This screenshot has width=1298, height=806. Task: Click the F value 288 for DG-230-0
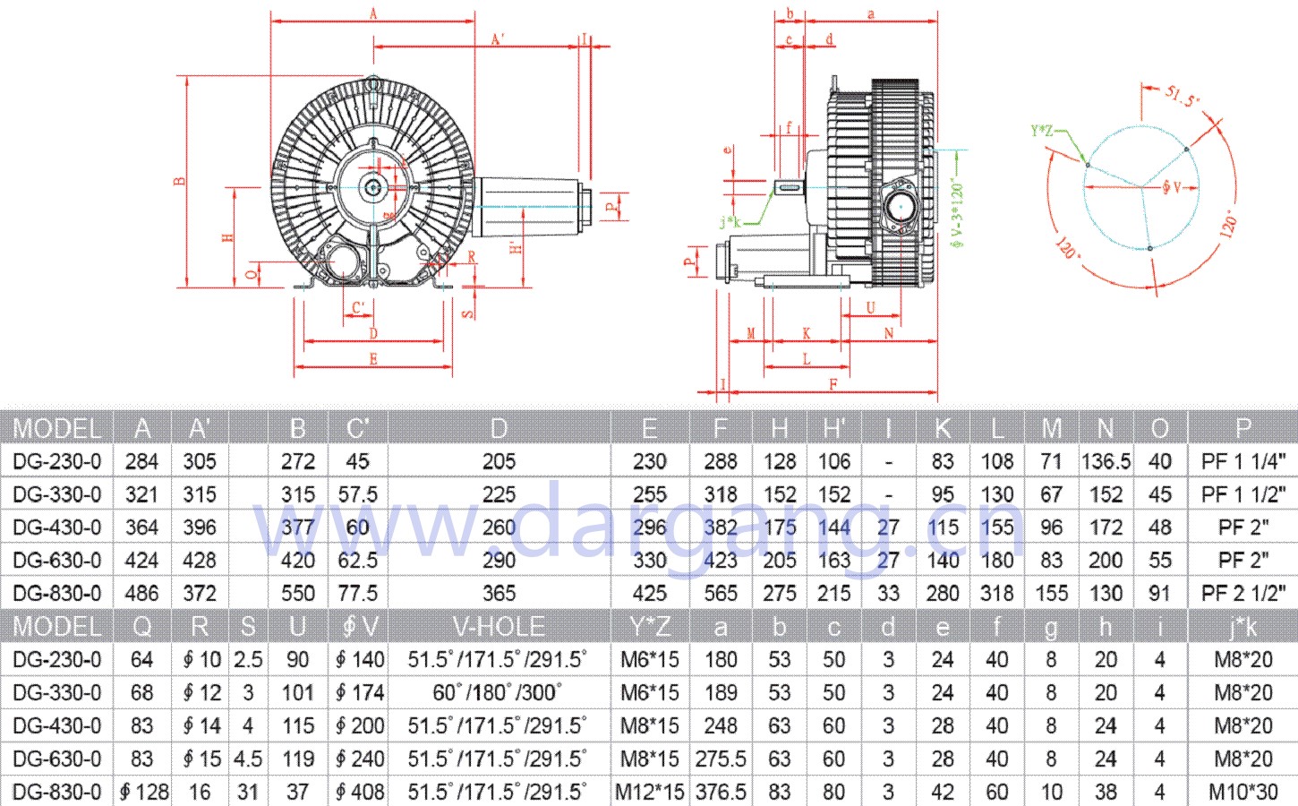click(720, 461)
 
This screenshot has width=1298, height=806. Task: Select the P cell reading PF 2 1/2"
click(1242, 593)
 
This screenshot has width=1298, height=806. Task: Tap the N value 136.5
click(1106, 461)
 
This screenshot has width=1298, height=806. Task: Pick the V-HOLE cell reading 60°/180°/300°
click(499, 692)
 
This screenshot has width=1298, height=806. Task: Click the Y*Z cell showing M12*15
click(649, 792)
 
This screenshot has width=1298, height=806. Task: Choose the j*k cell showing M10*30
click(1242, 792)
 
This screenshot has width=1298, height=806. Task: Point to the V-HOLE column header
click(499, 626)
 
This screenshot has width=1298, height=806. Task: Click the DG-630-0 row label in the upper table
click(57, 560)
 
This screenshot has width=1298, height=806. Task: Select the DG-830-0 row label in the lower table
click(57, 792)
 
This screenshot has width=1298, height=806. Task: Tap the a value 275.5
click(720, 759)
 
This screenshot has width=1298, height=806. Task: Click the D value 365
click(499, 593)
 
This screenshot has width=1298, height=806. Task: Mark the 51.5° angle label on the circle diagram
click(1182, 96)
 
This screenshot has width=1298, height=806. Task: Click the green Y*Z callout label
click(1042, 131)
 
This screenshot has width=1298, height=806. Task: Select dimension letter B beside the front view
click(180, 181)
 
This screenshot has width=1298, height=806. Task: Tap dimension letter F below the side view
click(833, 385)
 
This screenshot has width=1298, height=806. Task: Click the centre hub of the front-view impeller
click(371, 186)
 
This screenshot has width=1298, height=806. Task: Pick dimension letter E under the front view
click(372, 359)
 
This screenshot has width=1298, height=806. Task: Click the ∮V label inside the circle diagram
click(1172, 187)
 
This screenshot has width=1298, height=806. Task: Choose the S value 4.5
click(248, 759)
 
